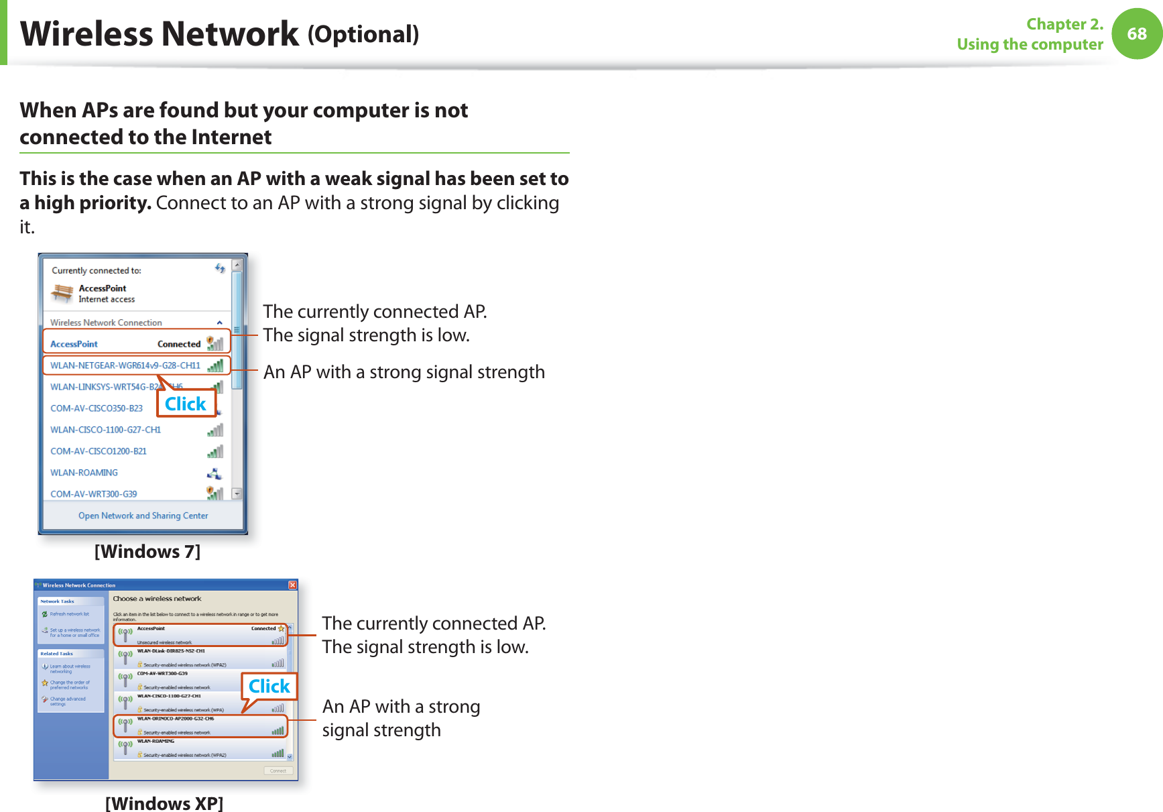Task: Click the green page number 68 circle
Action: click(x=1137, y=34)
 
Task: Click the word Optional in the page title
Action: click(x=363, y=34)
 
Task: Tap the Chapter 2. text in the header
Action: click(x=1064, y=24)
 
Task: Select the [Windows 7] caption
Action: click(x=147, y=551)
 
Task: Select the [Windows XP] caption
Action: click(x=164, y=803)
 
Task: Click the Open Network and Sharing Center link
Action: click(x=143, y=516)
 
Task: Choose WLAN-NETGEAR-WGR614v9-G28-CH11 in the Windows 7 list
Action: click(x=125, y=365)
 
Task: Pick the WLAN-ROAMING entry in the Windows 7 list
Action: click(x=84, y=473)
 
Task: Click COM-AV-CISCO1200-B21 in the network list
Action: click(x=98, y=451)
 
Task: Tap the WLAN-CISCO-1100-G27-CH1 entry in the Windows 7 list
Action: click(x=105, y=430)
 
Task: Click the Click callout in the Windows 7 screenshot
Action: click(x=186, y=404)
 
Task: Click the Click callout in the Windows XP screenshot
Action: click(x=269, y=686)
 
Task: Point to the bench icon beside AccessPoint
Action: click(x=62, y=293)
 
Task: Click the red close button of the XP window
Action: click(x=293, y=585)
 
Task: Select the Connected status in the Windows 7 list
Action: click(x=179, y=344)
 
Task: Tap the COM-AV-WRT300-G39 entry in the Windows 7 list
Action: click(x=93, y=494)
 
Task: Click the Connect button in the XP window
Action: click(x=278, y=770)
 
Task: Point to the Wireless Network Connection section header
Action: click(x=106, y=323)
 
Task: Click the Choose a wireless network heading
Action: click(x=157, y=599)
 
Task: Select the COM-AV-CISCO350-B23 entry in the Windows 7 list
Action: click(x=97, y=408)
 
